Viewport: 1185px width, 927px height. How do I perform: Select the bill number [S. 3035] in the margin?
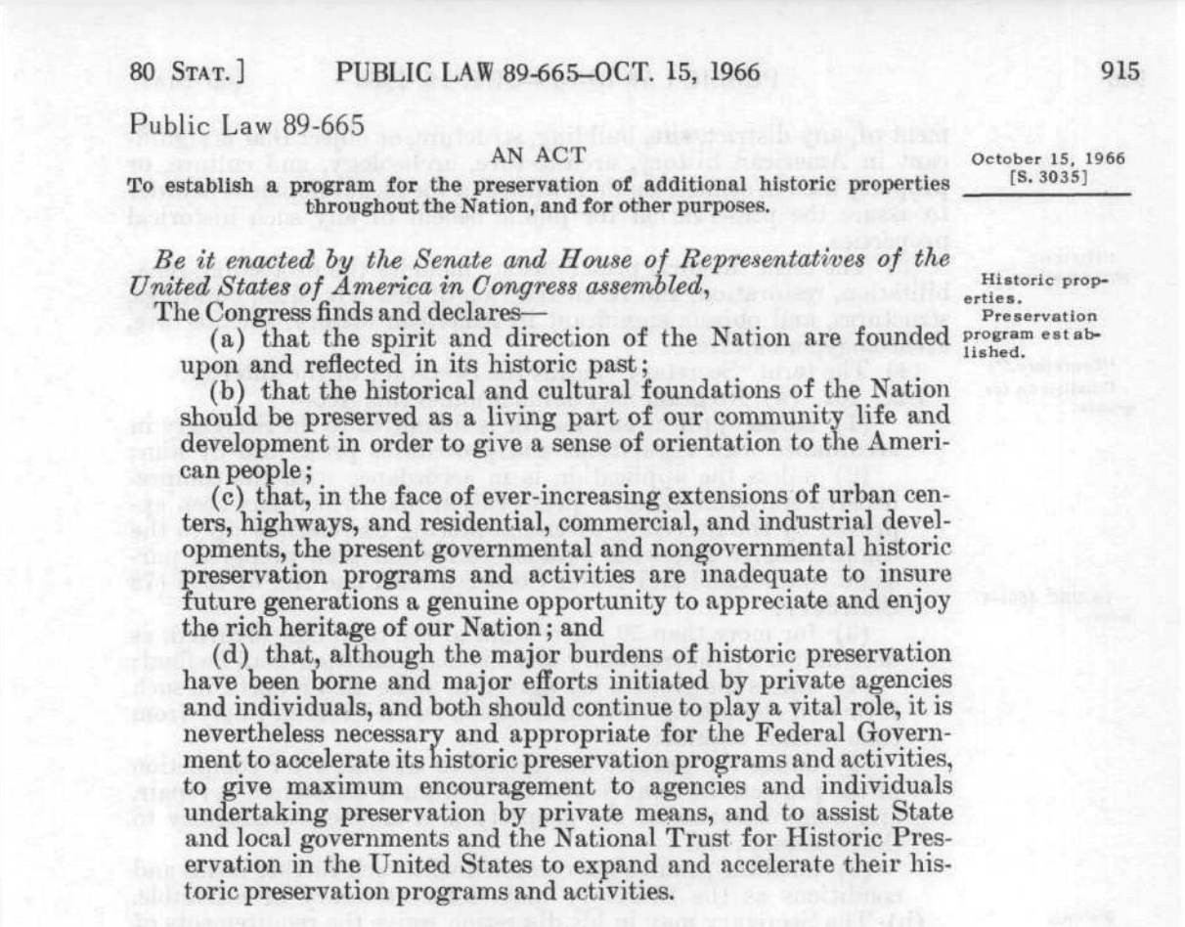click(x=1046, y=175)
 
